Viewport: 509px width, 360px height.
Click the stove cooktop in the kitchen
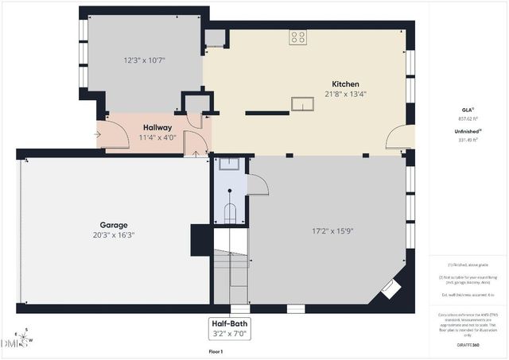point(298,37)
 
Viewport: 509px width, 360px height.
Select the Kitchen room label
point(345,84)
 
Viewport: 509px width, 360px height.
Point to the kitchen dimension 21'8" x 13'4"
point(345,94)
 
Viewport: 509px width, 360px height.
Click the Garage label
point(114,225)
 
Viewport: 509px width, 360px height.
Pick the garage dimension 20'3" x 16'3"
point(114,234)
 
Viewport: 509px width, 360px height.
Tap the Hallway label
point(157,127)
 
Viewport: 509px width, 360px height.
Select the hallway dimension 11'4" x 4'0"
point(157,137)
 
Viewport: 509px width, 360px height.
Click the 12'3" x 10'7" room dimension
point(144,60)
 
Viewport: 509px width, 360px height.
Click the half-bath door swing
point(257,184)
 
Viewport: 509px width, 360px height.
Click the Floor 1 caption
point(216,350)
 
